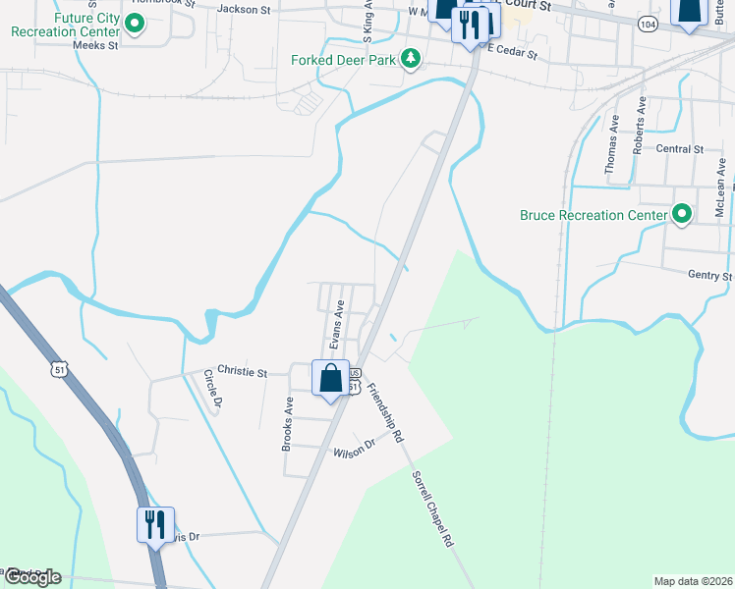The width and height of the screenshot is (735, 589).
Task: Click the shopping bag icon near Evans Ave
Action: (331, 377)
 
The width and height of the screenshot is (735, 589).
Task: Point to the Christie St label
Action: (242, 373)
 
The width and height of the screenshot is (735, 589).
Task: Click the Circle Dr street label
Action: (211, 389)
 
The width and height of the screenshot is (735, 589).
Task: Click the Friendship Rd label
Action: (384, 413)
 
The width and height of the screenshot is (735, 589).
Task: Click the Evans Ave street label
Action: (336, 324)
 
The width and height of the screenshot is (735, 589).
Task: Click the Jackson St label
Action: (243, 10)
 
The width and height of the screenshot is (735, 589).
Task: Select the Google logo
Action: (31, 577)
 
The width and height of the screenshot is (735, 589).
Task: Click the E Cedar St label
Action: (512, 51)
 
